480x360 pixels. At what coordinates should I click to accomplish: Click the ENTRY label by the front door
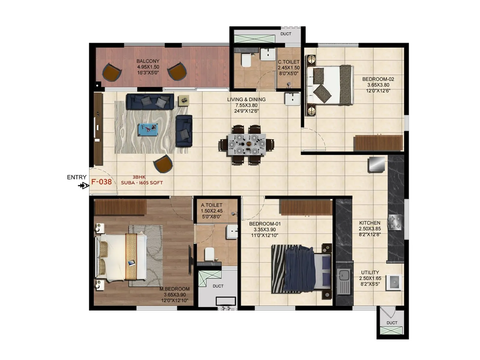[x=76, y=177]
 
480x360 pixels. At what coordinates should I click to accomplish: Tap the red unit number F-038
[x=101, y=182]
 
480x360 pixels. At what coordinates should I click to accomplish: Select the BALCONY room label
[x=148, y=61]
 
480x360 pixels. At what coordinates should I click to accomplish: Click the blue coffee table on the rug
[x=148, y=129]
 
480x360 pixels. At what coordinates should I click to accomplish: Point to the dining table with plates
[x=246, y=144]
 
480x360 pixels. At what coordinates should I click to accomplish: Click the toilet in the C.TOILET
[x=246, y=61]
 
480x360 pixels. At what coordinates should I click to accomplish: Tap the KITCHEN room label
[x=370, y=223]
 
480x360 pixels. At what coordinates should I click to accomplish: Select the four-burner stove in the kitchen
[x=394, y=222]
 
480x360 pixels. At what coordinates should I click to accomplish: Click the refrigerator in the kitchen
[x=376, y=164]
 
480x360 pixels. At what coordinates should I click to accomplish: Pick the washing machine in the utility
[x=394, y=282]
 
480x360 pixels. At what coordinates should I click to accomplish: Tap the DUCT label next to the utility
[x=392, y=323]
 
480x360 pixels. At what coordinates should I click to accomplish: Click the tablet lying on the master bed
[x=131, y=263]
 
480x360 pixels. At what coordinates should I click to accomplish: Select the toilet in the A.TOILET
[x=209, y=254]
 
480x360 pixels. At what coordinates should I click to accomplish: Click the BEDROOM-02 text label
[x=378, y=79]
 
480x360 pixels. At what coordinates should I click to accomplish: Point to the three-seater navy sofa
[x=150, y=101]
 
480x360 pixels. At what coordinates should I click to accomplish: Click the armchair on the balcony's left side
[x=112, y=72]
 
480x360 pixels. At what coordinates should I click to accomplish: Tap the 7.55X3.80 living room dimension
[x=246, y=105]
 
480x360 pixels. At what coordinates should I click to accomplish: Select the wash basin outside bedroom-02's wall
[x=292, y=99]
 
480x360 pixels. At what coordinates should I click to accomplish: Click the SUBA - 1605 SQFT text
[x=142, y=183]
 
